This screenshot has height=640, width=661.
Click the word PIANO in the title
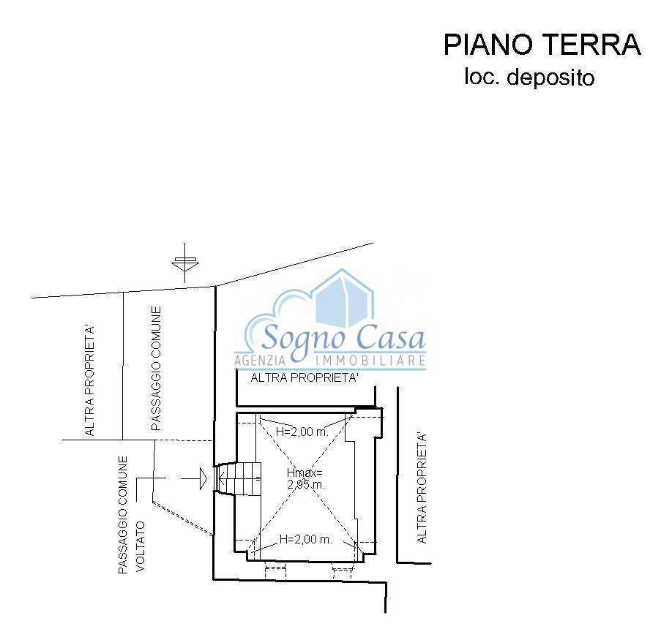click(x=488, y=45)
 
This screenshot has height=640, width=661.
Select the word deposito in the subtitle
click(x=550, y=78)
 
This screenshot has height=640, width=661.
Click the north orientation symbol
click(x=184, y=263)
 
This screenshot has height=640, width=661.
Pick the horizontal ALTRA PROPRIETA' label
click(x=305, y=377)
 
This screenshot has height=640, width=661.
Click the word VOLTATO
click(x=141, y=546)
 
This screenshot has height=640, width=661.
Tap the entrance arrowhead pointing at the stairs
click(x=203, y=478)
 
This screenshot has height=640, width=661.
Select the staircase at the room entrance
click(x=238, y=478)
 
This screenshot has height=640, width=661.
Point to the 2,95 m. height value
click(x=306, y=484)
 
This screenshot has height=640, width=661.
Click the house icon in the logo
click(x=344, y=298)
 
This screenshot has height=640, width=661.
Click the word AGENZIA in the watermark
click(x=260, y=361)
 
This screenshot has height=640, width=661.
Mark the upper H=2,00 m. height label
click(x=302, y=432)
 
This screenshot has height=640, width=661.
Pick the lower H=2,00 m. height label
click(x=306, y=539)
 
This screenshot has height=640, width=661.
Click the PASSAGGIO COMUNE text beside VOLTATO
click(x=123, y=514)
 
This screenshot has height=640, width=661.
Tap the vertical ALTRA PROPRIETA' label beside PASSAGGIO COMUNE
click(x=89, y=380)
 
